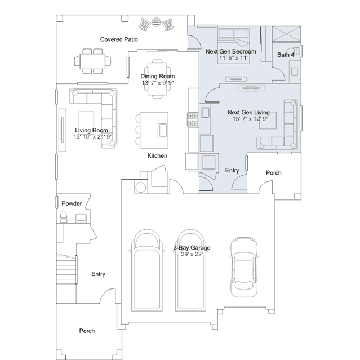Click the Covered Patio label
click(x=119, y=39)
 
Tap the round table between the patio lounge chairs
click(x=156, y=23)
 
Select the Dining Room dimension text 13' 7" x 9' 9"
click(x=158, y=83)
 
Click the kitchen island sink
click(x=163, y=130)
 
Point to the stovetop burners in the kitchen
click(x=193, y=119)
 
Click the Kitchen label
click(x=157, y=155)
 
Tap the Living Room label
click(x=91, y=130)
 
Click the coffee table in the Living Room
click(x=86, y=122)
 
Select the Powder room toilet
click(x=63, y=217)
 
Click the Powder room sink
click(x=81, y=217)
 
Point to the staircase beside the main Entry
click(x=66, y=269)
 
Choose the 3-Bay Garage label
click(x=192, y=248)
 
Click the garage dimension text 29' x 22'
click(x=192, y=254)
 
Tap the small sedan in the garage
click(x=244, y=267)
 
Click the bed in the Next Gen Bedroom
click(x=233, y=46)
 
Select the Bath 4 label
click(x=286, y=55)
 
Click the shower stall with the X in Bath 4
click(x=286, y=34)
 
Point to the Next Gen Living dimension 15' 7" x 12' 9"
click(x=250, y=119)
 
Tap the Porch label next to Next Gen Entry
click(x=274, y=172)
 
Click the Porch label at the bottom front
click(x=87, y=331)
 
